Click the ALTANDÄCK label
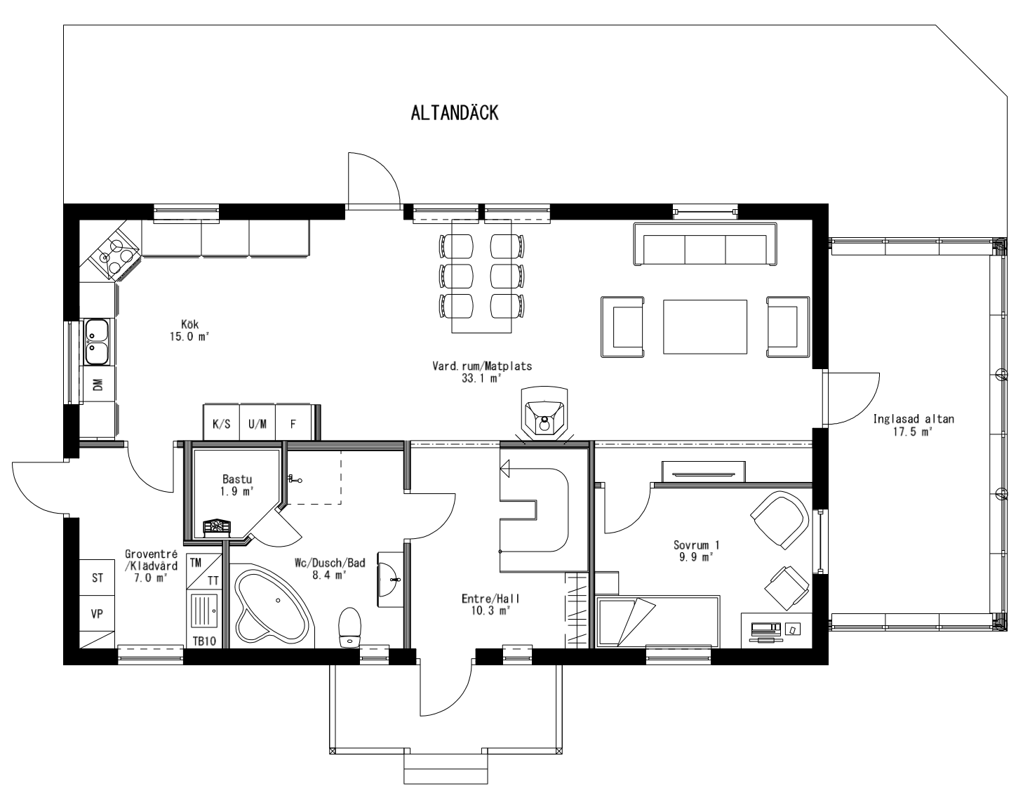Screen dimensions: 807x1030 click(x=454, y=114)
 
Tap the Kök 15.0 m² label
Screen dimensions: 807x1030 click(x=190, y=331)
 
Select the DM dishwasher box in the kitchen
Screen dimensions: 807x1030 click(x=98, y=384)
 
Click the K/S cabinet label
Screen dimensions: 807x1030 click(x=221, y=424)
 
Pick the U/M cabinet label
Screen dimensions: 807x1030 click(x=257, y=424)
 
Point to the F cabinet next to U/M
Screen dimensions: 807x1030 click(x=293, y=424)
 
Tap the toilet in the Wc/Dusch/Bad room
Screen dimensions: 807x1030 click(x=349, y=627)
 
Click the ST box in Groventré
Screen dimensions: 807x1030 click(x=98, y=578)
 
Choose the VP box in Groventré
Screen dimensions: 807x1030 click(x=98, y=613)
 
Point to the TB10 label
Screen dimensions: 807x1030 click(x=204, y=641)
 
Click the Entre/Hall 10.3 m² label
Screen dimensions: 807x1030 click(x=490, y=605)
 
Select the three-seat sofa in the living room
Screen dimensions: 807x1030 click(x=706, y=245)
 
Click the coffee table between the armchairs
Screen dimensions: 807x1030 click(x=705, y=326)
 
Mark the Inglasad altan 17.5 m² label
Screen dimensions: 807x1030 click(x=913, y=426)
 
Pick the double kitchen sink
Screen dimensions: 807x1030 click(x=98, y=342)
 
